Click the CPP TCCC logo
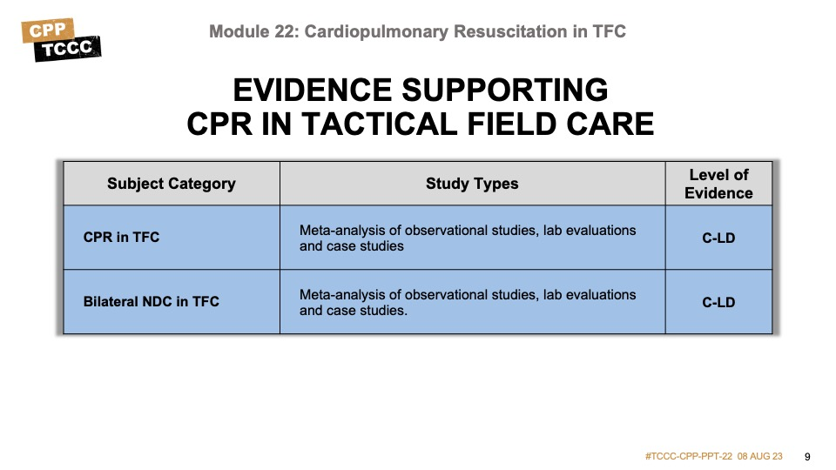[x=61, y=40]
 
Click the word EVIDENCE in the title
[x=313, y=90]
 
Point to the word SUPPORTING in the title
[x=505, y=90]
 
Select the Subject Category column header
[x=172, y=184]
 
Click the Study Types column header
[x=472, y=184]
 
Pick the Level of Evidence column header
[x=718, y=184]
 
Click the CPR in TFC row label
[x=122, y=237]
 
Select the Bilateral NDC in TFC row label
[x=152, y=302]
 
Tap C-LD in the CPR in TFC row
[x=718, y=238]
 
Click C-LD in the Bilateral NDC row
[x=718, y=302]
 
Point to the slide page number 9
[x=807, y=457]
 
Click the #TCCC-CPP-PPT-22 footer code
[x=689, y=457]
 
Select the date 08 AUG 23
[x=760, y=457]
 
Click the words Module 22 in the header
[x=253, y=31]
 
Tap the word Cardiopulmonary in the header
[x=376, y=31]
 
